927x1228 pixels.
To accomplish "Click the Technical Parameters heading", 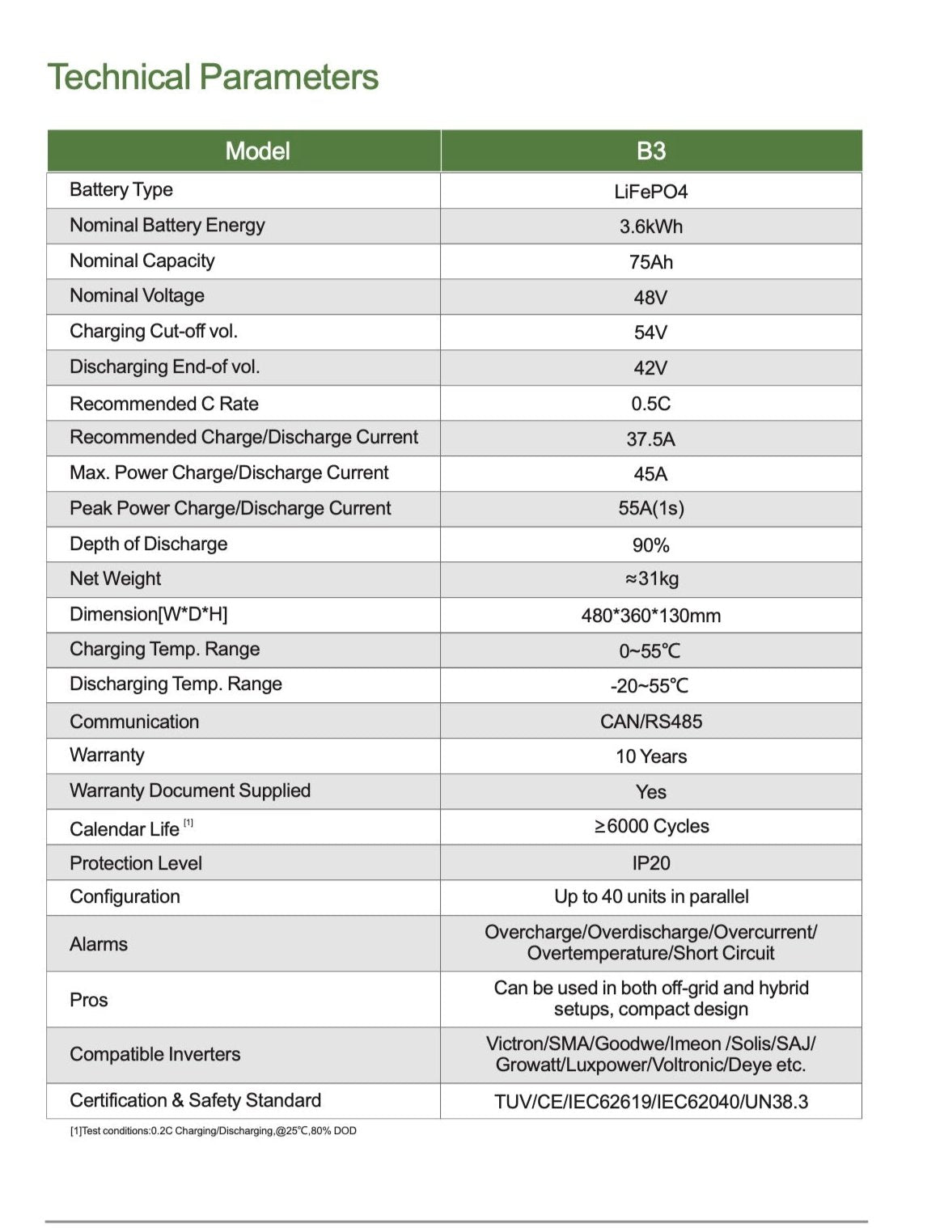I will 213,78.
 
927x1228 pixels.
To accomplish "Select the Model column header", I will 257,151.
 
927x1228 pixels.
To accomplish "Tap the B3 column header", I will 651,151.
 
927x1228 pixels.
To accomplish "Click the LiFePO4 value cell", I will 651,192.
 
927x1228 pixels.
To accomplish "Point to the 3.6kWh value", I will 651,227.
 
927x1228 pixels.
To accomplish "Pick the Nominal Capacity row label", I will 142,261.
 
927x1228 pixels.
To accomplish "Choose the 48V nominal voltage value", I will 651,298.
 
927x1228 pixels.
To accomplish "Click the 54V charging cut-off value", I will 651,332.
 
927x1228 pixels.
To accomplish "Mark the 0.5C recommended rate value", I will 651,404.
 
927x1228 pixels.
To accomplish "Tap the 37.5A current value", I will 651,439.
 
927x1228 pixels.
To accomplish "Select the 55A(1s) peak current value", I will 651,509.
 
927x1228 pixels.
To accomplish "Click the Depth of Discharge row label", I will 149,544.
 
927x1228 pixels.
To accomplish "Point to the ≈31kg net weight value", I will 651,579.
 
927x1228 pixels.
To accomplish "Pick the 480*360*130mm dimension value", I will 651,616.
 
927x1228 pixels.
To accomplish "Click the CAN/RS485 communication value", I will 651,722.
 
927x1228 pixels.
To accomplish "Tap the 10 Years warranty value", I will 651,756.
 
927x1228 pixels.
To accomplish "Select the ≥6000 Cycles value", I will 651,826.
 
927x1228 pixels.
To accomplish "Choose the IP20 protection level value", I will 651,863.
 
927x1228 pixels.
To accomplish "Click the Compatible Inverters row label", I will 155,1055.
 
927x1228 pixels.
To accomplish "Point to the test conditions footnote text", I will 214,1131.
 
